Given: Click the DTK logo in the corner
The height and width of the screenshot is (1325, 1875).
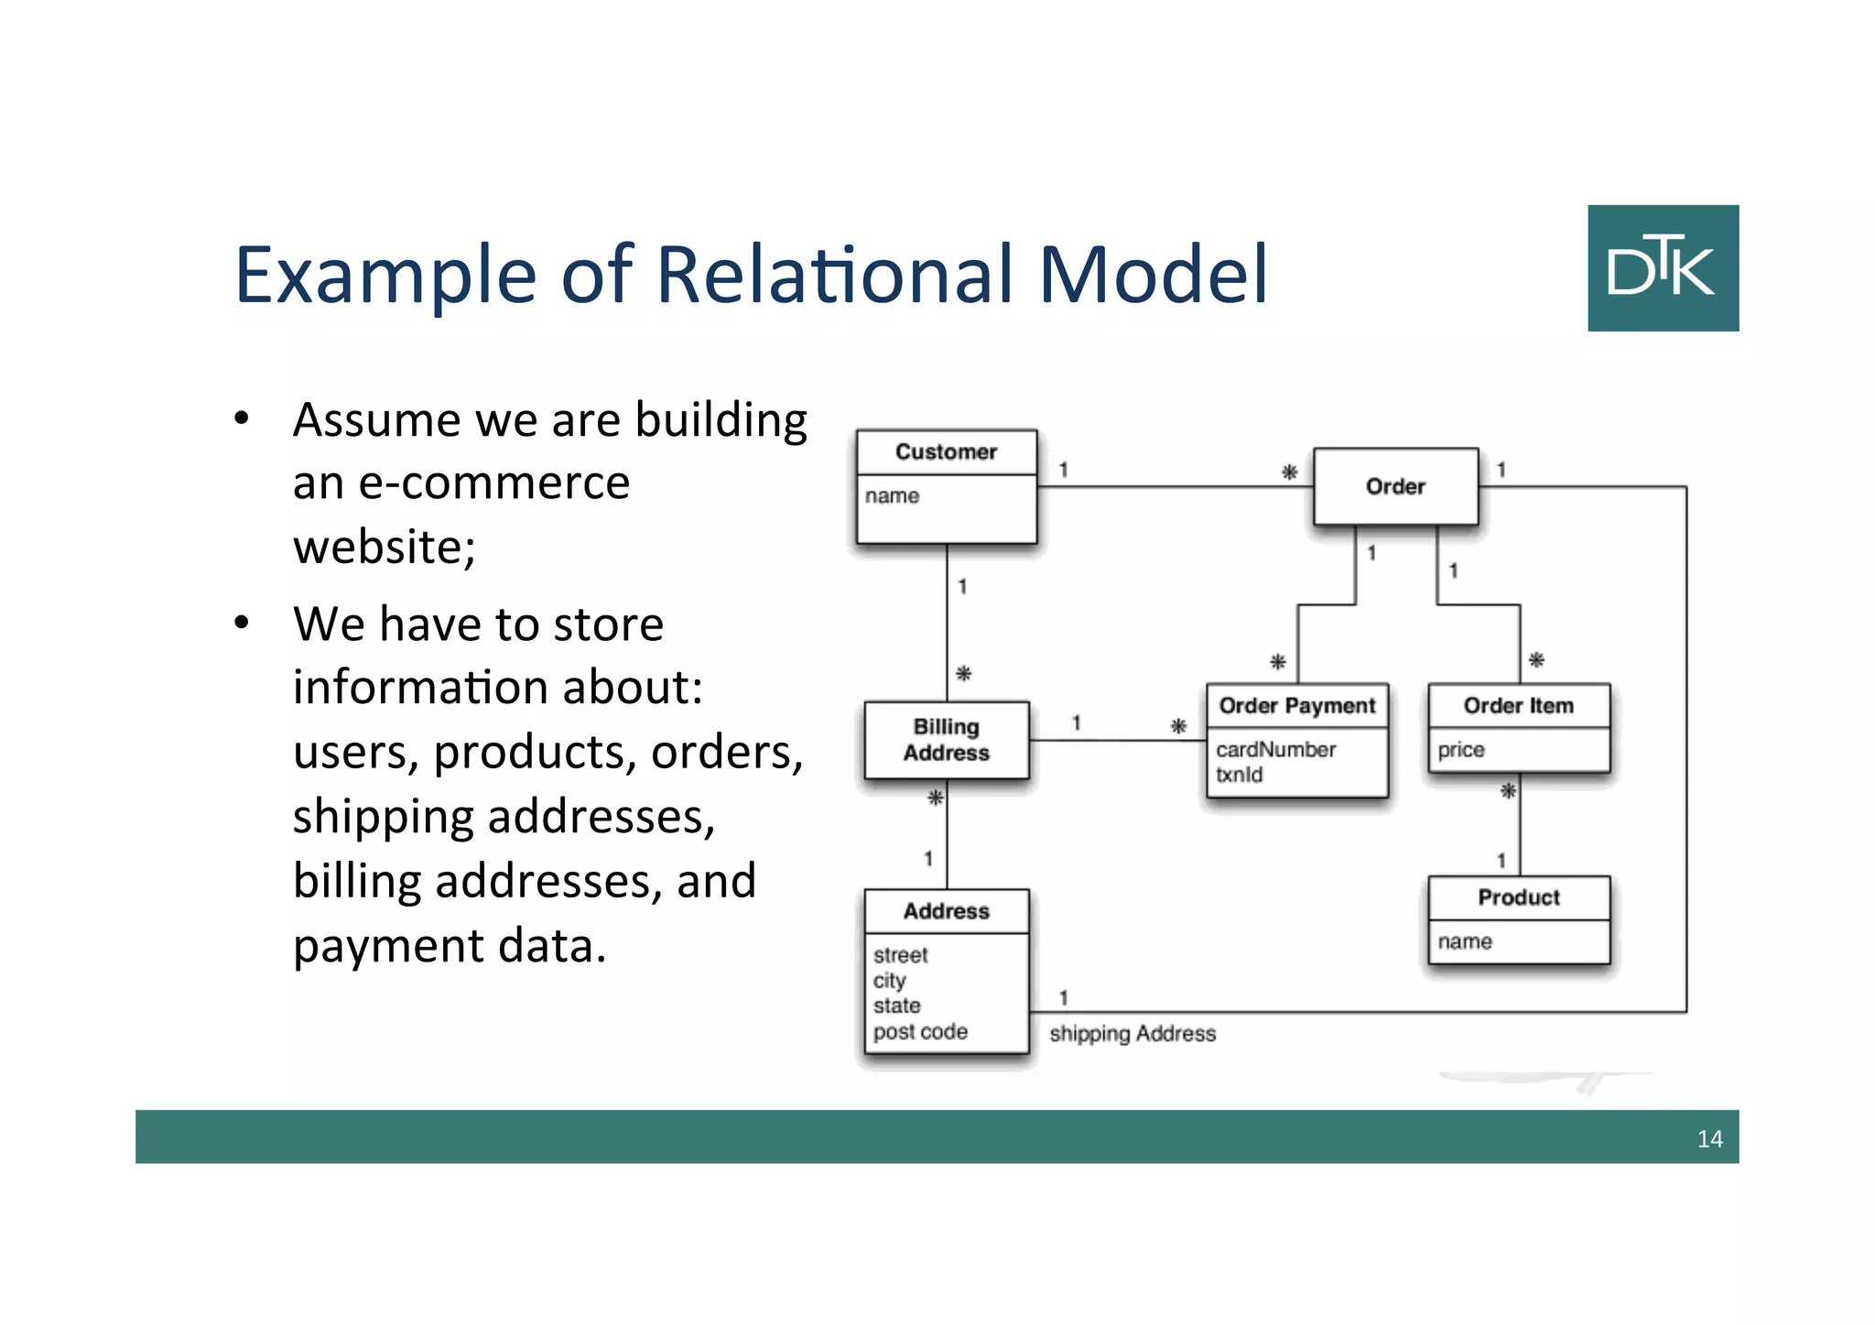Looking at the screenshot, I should [x=1663, y=267].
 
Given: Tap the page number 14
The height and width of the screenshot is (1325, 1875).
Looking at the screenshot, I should [x=1709, y=1138].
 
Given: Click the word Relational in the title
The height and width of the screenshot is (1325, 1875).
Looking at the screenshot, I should [x=835, y=274].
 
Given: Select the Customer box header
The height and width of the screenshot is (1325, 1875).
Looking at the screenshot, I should [x=946, y=451].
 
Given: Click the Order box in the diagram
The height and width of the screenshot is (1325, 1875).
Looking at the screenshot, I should [x=1395, y=486].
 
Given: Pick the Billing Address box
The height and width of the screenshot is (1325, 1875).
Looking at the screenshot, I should [x=947, y=740].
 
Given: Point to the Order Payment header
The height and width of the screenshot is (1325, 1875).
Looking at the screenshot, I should [x=1296, y=705].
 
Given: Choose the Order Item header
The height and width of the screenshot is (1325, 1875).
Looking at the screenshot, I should [x=1518, y=705].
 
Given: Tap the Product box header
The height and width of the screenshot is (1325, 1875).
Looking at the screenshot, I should [x=1518, y=897].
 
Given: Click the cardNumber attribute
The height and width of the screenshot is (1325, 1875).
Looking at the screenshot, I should [x=1275, y=749].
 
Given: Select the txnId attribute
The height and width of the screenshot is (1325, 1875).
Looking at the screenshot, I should [x=1239, y=775].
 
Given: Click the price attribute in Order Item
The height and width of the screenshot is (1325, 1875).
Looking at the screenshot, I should [x=1460, y=750].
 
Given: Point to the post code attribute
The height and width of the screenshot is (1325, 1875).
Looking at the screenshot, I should [x=920, y=1032].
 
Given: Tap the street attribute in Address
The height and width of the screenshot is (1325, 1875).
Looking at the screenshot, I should [x=900, y=955].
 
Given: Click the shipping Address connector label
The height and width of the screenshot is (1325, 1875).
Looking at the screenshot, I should [x=1133, y=1034].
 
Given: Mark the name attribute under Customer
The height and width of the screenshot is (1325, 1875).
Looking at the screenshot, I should [x=892, y=495].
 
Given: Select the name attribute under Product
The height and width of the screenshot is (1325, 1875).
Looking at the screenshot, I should [x=1464, y=941].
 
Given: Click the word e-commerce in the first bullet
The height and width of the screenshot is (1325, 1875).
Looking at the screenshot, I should [x=493, y=483].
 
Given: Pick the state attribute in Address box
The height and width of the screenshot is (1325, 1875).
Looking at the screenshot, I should [x=896, y=1005].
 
